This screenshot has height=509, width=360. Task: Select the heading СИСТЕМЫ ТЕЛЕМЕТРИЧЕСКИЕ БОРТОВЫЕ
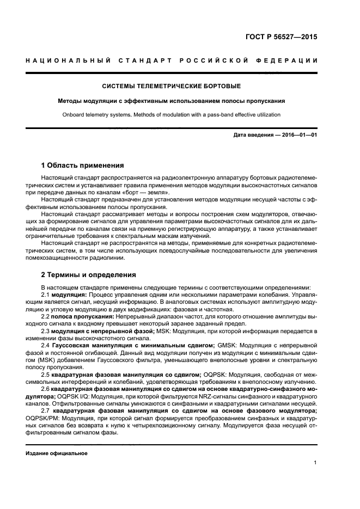tap(180, 86)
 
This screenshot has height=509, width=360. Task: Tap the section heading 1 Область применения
tap(83, 165)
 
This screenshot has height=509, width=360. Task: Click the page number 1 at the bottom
tap(315, 463)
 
